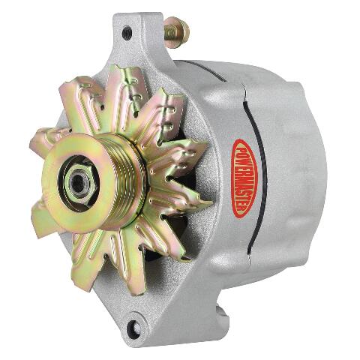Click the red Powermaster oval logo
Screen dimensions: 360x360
point(244,178)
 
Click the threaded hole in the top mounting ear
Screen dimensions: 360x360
point(127,33)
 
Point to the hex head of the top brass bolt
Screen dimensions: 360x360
point(181,31)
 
